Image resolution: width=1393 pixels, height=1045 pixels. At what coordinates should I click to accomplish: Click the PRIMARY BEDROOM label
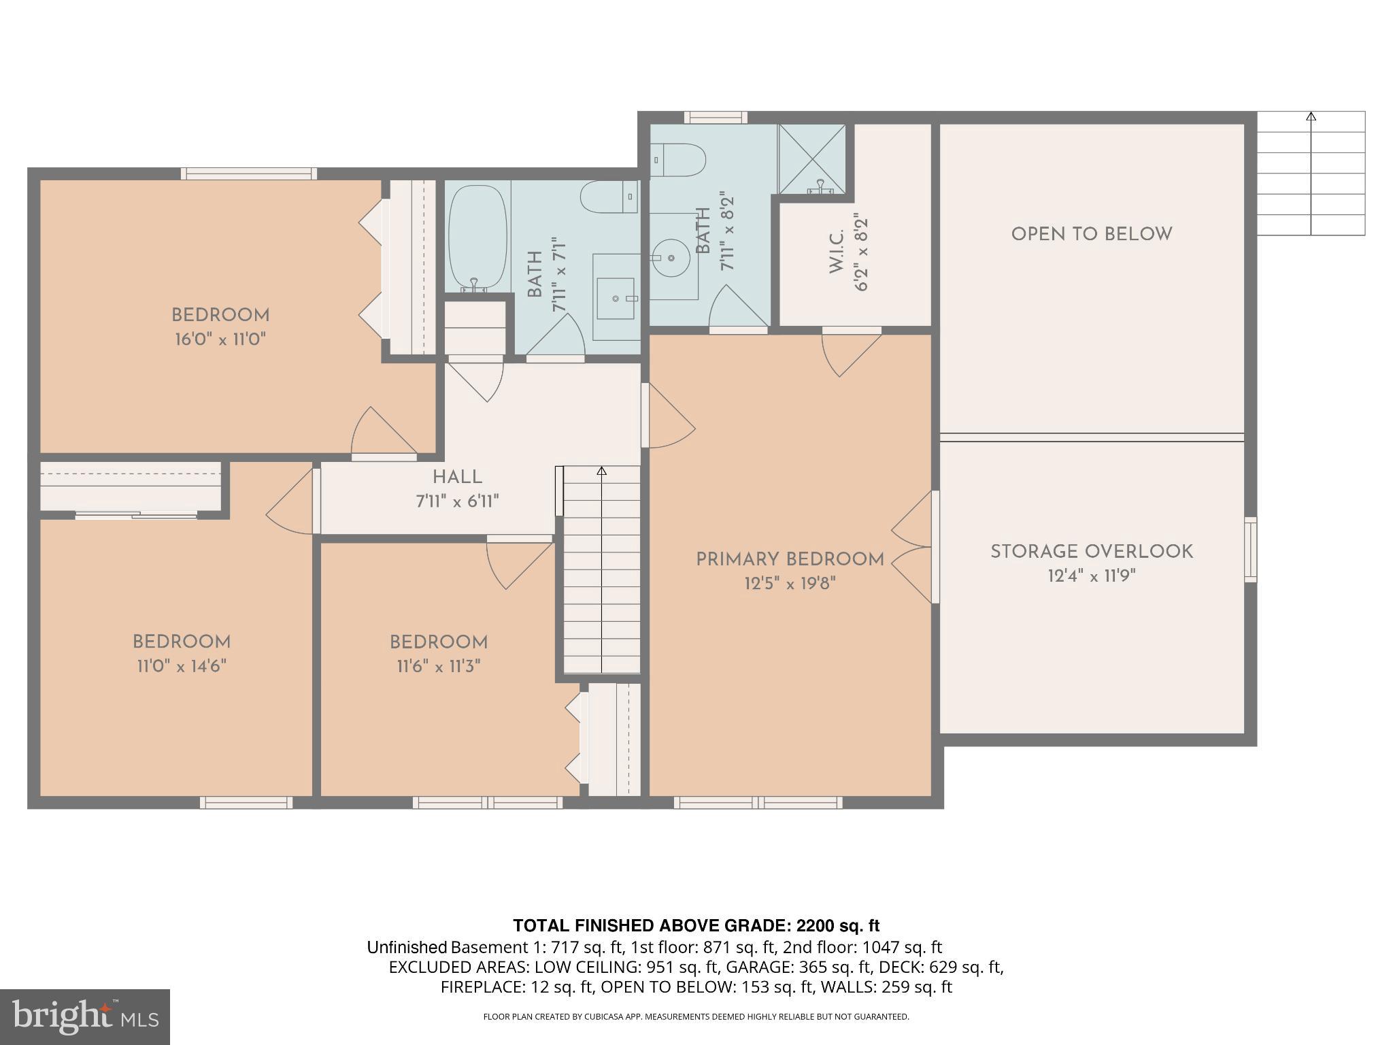tap(790, 559)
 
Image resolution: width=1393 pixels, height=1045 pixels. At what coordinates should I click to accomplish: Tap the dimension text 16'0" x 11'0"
tap(220, 339)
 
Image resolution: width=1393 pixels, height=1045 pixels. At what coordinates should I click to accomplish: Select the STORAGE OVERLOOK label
tap(1092, 552)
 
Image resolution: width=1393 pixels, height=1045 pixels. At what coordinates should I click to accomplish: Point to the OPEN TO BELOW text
tap(1092, 234)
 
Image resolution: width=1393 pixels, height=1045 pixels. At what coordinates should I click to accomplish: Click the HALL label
tap(457, 477)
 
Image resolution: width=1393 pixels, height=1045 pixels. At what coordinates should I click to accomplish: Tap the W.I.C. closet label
tap(837, 252)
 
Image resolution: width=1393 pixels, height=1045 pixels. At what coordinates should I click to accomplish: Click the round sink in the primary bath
tap(671, 258)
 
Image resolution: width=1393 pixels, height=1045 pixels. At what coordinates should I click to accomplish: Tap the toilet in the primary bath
tap(679, 160)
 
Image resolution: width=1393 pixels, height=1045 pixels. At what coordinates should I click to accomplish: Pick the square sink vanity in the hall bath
tap(616, 298)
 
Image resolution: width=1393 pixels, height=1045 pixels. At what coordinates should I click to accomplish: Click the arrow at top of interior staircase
tap(601, 471)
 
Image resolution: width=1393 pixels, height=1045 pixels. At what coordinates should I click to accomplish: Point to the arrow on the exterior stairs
tap(1311, 117)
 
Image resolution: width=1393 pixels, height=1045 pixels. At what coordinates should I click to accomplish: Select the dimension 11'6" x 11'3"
tap(439, 666)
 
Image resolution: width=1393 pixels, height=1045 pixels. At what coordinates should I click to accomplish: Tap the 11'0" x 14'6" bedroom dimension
tap(182, 666)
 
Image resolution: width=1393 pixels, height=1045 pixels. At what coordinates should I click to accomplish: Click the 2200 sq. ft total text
tap(837, 926)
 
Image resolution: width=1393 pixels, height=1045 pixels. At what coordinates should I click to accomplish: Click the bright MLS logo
tap(84, 1016)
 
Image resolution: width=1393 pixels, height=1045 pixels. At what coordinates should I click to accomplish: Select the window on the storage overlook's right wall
tap(1250, 549)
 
